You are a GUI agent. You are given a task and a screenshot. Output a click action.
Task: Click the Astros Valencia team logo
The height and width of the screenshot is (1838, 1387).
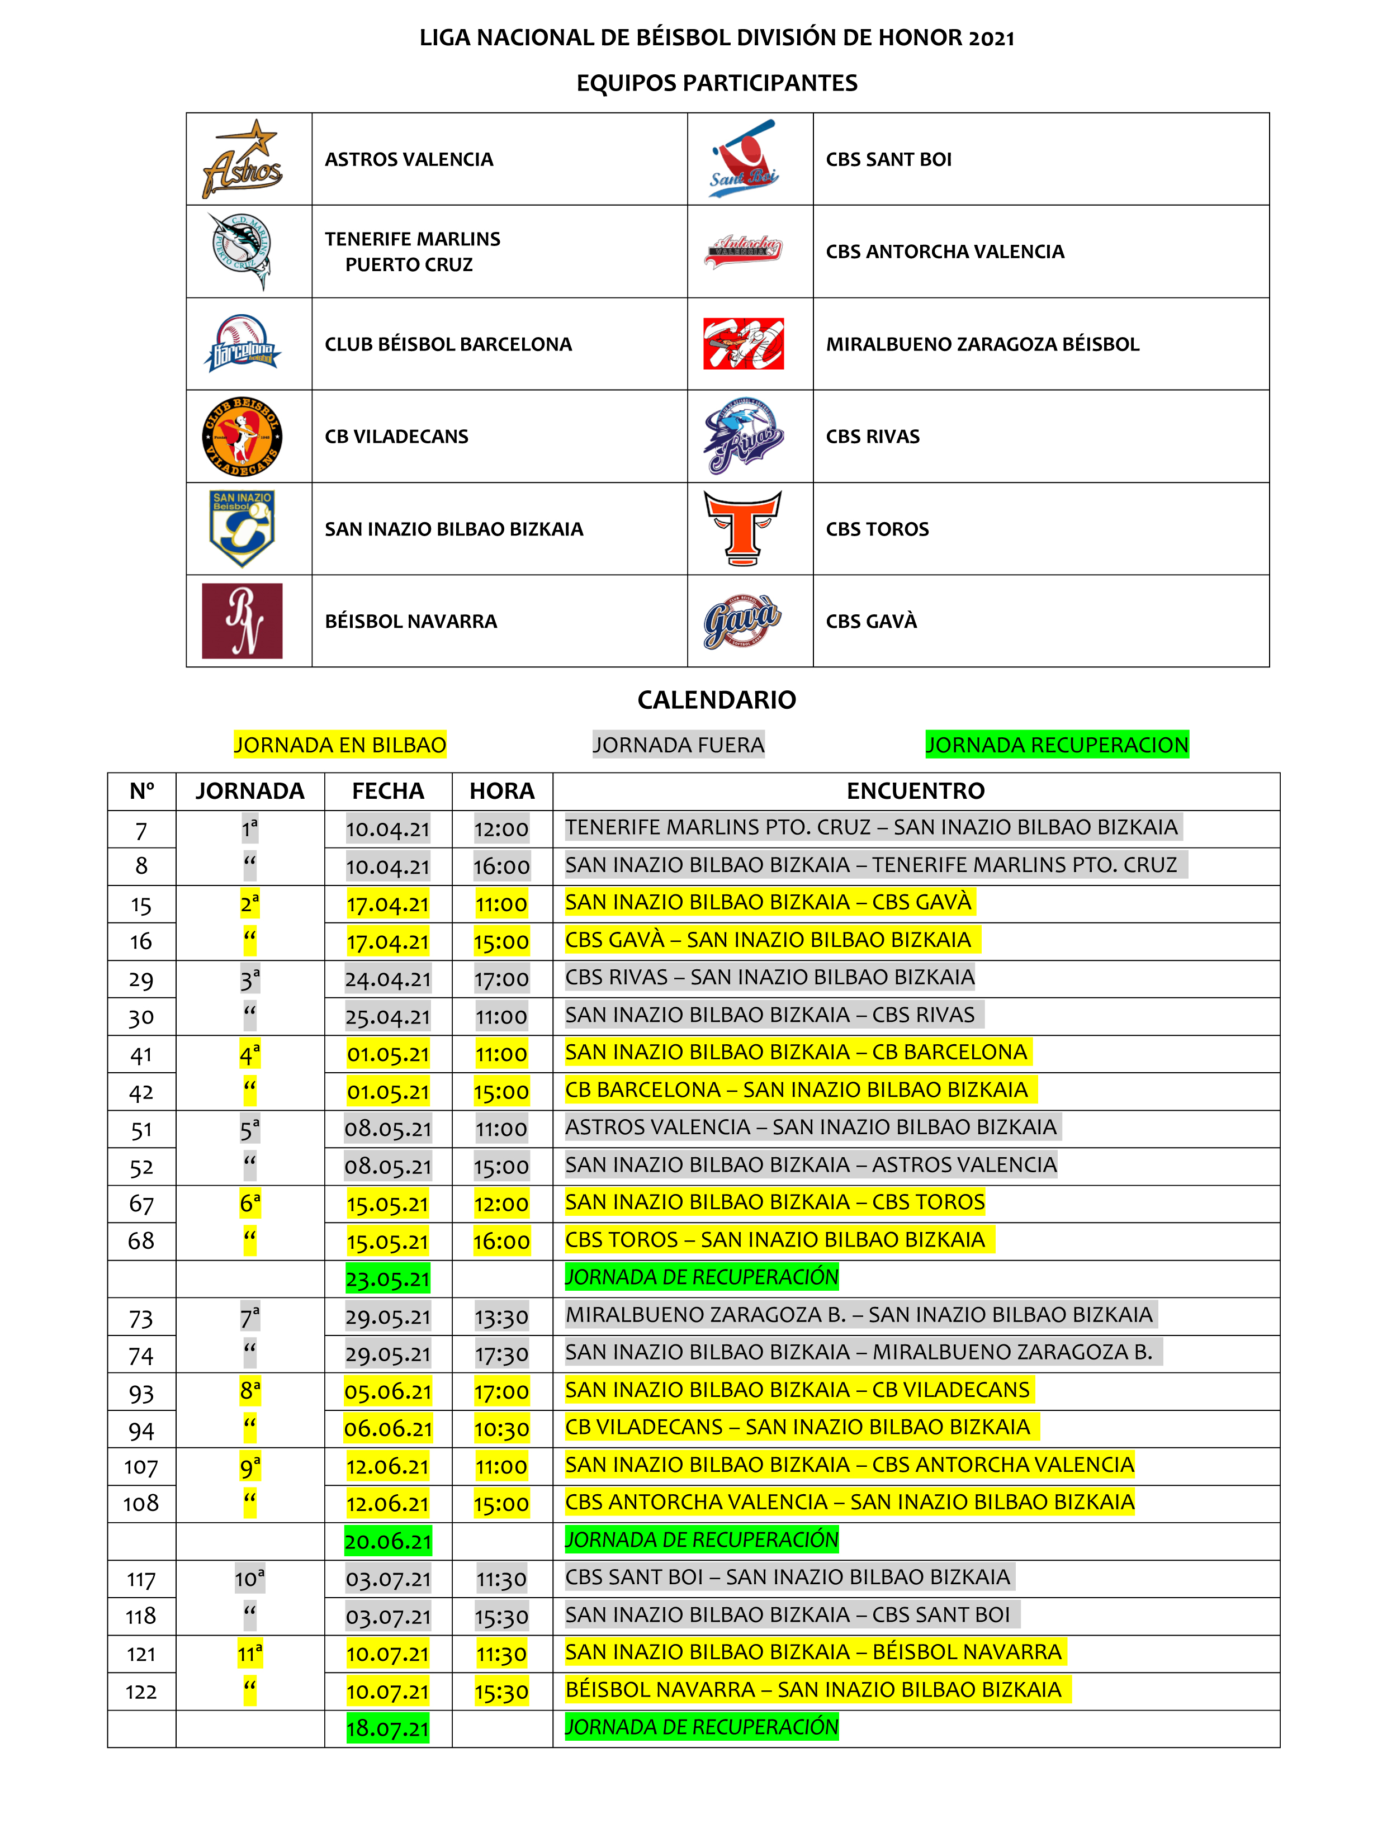(242, 159)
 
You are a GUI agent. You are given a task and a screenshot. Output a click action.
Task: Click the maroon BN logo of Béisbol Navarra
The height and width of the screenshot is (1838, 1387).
(242, 620)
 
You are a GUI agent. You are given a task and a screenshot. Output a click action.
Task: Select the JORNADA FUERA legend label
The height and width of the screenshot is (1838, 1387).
(678, 745)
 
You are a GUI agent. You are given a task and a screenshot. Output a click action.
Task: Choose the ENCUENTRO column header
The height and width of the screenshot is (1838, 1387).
(916, 791)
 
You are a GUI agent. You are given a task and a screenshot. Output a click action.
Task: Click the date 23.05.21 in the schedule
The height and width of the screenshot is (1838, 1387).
(388, 1279)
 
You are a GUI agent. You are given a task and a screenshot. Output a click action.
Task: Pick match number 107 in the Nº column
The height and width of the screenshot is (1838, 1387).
(141, 1467)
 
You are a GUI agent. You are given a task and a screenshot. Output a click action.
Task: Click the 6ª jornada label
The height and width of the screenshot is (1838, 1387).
(250, 1203)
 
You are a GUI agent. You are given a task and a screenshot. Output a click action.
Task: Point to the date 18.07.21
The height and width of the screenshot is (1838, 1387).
(388, 1729)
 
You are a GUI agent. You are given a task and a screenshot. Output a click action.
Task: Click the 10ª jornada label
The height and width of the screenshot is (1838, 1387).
(250, 1579)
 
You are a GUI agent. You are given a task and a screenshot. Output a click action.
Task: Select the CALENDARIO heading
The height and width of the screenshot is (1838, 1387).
(716, 700)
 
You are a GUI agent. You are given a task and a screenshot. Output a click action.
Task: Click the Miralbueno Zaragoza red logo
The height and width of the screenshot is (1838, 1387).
(743, 343)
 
